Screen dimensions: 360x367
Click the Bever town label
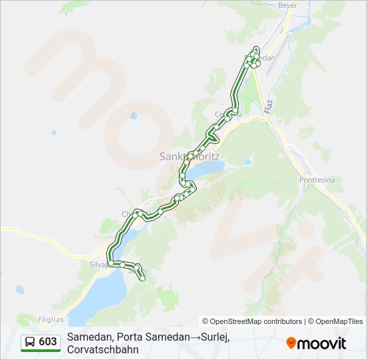(288, 5)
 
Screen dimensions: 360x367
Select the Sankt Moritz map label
(190, 157)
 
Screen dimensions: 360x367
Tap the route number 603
(47, 342)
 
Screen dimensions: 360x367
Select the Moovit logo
(316, 343)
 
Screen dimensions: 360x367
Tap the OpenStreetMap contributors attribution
(252, 321)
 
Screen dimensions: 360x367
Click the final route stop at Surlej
(142, 278)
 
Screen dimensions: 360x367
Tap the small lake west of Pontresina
(248, 161)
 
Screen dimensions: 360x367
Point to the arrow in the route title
(196, 337)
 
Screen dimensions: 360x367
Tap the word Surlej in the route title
(215, 337)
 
